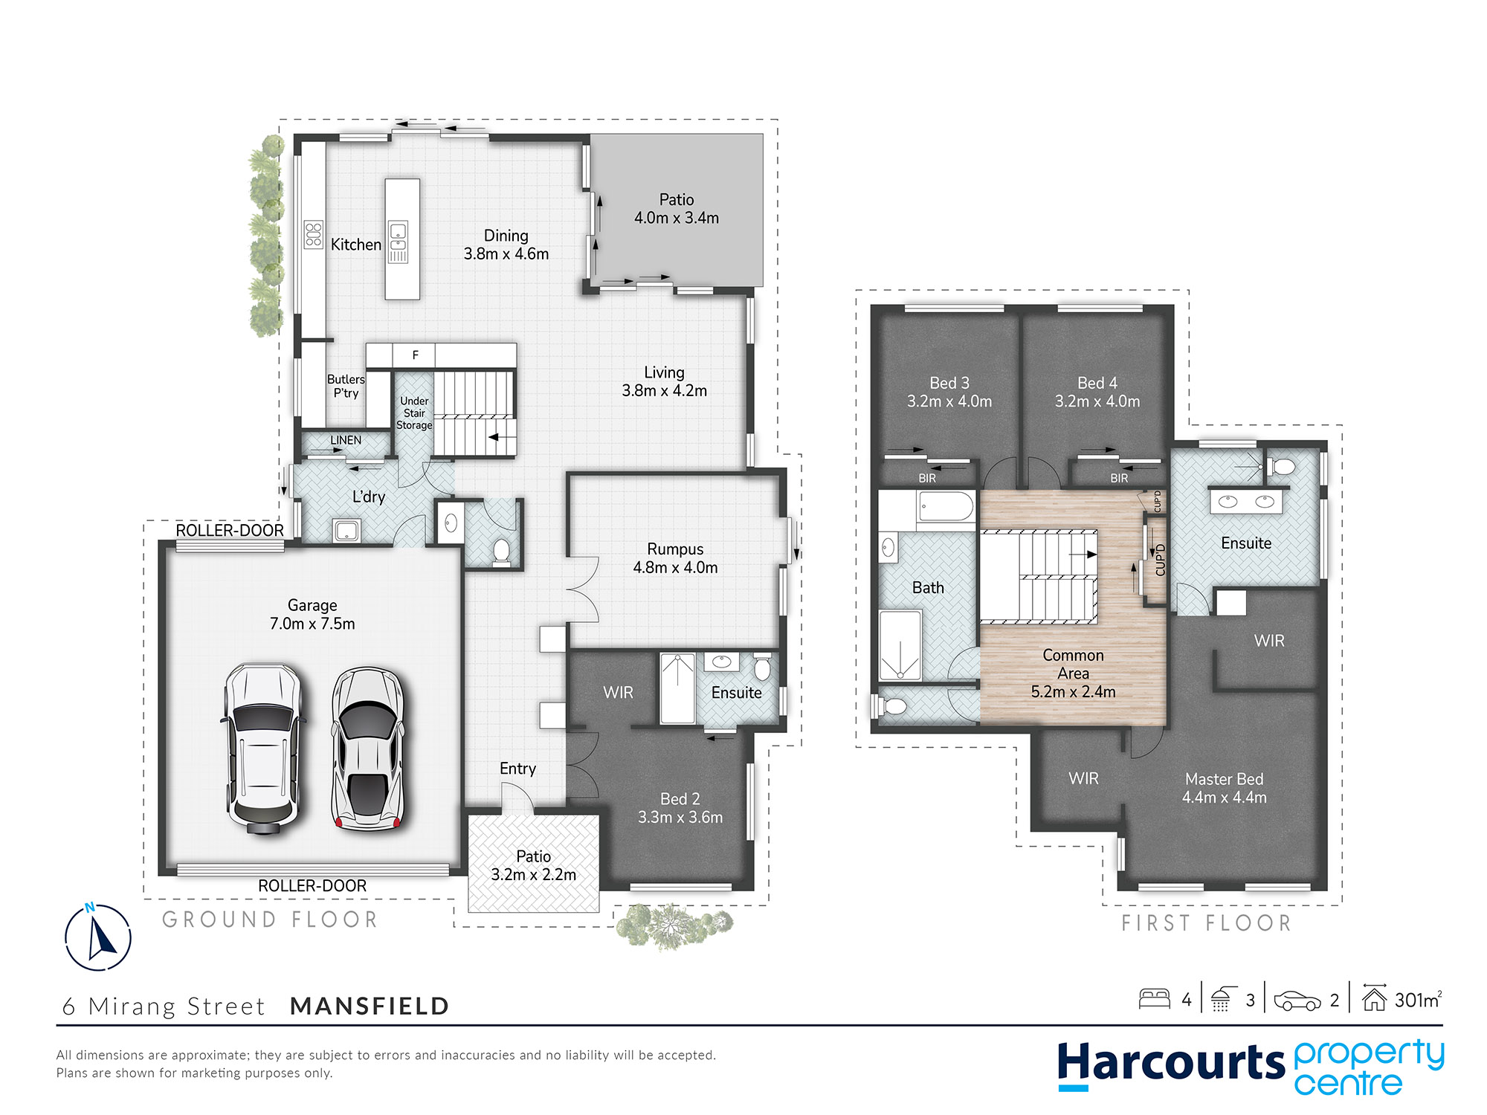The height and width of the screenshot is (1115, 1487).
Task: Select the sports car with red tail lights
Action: point(367,749)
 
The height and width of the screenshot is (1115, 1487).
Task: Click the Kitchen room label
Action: point(356,245)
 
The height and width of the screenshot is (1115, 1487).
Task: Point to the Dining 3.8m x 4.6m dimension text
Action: point(506,253)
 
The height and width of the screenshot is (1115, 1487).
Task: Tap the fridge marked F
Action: point(416,355)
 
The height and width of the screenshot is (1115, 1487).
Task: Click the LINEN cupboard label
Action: point(346,440)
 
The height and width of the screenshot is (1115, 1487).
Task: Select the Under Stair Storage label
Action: point(414,413)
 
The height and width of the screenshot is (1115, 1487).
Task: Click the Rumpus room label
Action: point(675,549)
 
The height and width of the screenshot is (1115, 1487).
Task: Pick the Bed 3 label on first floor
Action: point(949,383)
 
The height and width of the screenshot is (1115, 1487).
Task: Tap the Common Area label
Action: point(1073,665)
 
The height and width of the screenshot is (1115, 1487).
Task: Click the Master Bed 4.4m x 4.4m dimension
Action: point(1225,798)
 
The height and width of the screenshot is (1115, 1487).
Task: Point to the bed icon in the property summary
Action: point(1155,998)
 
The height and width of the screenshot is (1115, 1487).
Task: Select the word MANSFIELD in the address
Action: point(370,1006)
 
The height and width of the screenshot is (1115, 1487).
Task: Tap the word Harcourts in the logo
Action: point(1171,1062)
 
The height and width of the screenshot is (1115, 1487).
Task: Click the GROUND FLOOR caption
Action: point(270,920)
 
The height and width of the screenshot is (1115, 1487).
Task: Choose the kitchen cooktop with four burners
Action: point(313,234)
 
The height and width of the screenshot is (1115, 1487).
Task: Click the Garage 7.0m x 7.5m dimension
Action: point(312,624)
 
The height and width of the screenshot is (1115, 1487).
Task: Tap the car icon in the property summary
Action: point(1297,1001)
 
